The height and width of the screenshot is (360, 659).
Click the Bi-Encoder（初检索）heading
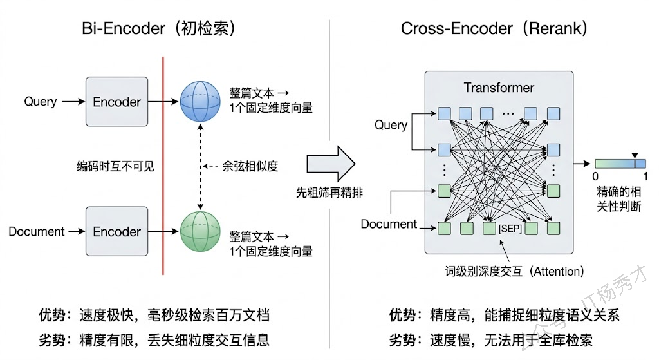click(x=158, y=28)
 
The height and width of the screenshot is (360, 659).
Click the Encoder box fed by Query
click(x=116, y=102)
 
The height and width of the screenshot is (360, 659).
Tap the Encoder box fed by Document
click(x=116, y=231)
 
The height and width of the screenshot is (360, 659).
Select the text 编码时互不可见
click(x=115, y=166)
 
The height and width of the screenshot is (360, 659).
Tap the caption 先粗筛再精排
click(x=330, y=192)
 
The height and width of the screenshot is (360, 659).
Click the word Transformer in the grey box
click(x=499, y=87)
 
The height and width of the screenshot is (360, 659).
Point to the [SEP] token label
click(x=510, y=229)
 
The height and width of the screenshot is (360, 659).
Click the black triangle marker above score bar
click(x=635, y=156)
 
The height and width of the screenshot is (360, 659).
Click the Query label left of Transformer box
click(x=391, y=125)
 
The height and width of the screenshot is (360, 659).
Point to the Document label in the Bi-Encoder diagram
click(x=37, y=231)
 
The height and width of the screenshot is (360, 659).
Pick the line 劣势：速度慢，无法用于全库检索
click(x=490, y=339)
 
